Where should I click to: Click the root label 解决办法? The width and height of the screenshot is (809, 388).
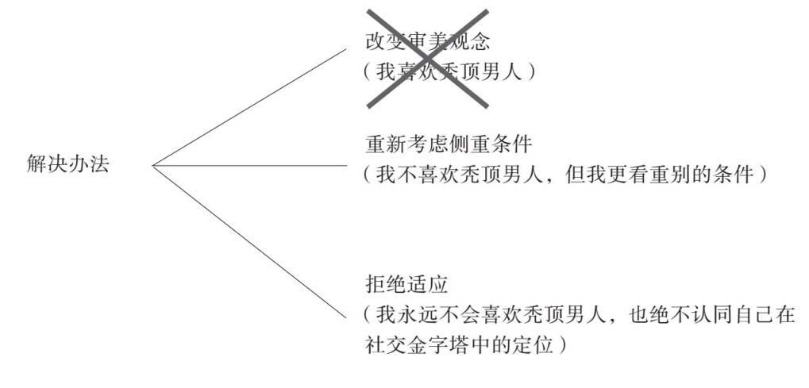(68, 164)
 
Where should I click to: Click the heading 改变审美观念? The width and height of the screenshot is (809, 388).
(428, 41)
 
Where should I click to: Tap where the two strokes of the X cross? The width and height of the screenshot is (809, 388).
(428, 58)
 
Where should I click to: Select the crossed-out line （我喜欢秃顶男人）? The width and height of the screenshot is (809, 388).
(449, 71)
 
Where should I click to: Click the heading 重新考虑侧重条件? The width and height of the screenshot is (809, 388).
(449, 144)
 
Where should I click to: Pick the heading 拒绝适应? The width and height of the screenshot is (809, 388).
(406, 284)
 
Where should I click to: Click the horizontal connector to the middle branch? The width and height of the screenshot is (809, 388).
(250, 166)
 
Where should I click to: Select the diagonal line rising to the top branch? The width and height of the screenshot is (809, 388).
(250, 107)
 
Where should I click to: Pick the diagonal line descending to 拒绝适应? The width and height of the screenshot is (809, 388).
(250, 241)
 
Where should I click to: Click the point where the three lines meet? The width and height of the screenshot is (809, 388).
(154, 166)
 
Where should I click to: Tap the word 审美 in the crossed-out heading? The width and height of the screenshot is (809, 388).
(428, 41)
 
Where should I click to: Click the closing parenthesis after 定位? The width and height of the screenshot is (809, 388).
(561, 344)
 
